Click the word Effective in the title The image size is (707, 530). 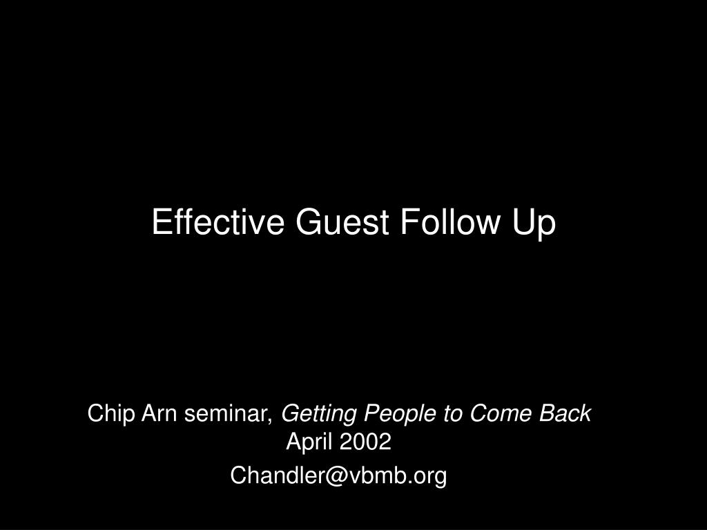point(218,222)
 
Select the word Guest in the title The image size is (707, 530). point(342,222)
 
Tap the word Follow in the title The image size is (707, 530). point(450,222)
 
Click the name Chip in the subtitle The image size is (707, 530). point(111,414)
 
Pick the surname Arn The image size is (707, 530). point(159,413)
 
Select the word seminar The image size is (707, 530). point(226,414)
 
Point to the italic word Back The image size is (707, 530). point(565,413)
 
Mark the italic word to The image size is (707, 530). point(453,414)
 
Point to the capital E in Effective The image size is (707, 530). point(160,222)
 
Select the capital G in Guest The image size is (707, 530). point(311,222)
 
